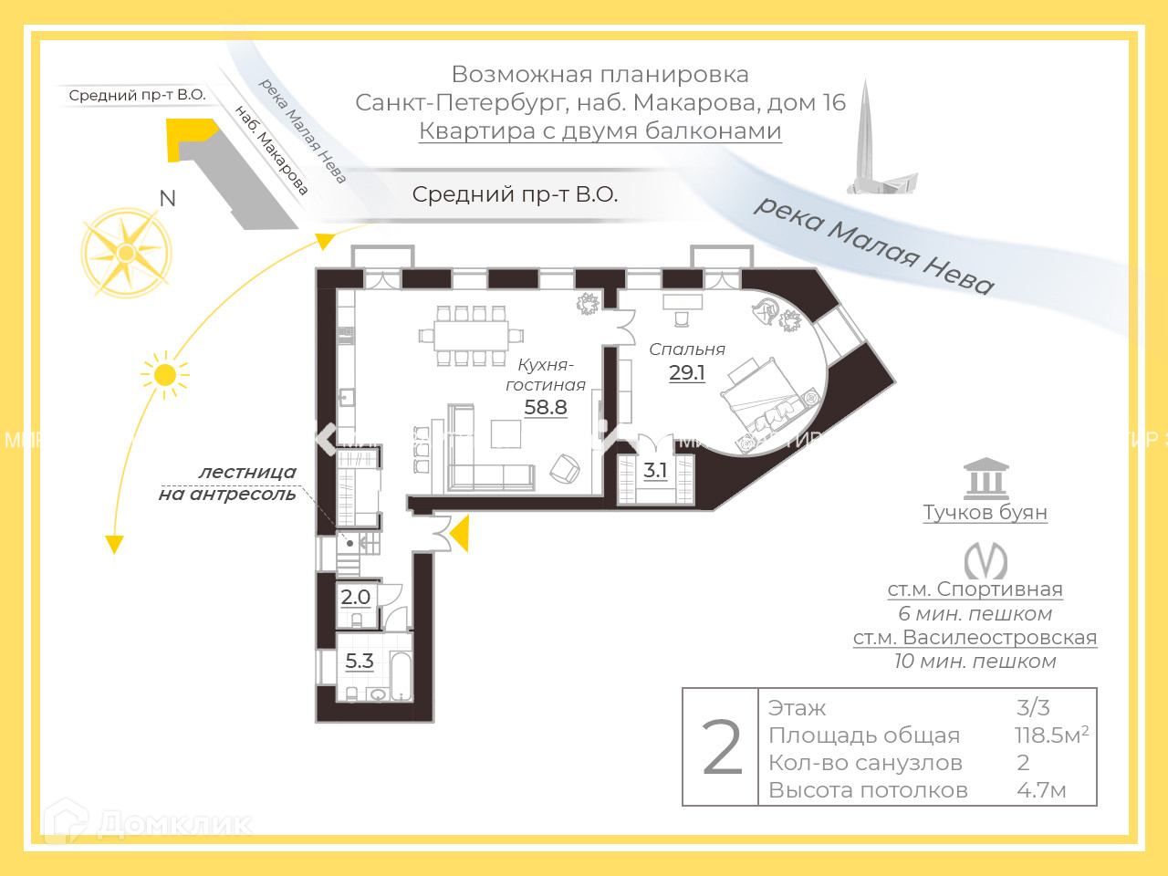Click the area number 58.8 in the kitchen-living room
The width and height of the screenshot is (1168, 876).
tap(546, 408)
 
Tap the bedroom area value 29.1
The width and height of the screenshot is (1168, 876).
tap(687, 372)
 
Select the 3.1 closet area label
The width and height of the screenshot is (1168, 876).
tap(655, 471)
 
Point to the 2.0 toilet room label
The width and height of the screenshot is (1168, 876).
tap(355, 598)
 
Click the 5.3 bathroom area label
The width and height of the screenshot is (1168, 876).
tap(360, 662)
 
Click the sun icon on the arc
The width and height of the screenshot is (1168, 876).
tap(165, 375)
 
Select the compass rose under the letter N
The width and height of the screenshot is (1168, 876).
tap(126, 253)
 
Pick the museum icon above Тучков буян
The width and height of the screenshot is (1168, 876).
tap(985, 478)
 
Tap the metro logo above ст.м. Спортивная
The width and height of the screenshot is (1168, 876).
tap(985, 560)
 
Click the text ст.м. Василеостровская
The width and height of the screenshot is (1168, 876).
tap(975, 638)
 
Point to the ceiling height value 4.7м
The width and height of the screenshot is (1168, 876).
tap(1041, 790)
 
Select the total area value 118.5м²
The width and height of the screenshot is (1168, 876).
tap(1051, 735)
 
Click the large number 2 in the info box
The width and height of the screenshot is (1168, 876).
tap(722, 748)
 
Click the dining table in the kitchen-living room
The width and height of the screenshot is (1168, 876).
tap(472, 336)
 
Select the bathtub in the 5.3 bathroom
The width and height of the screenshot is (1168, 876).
tap(401, 675)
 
